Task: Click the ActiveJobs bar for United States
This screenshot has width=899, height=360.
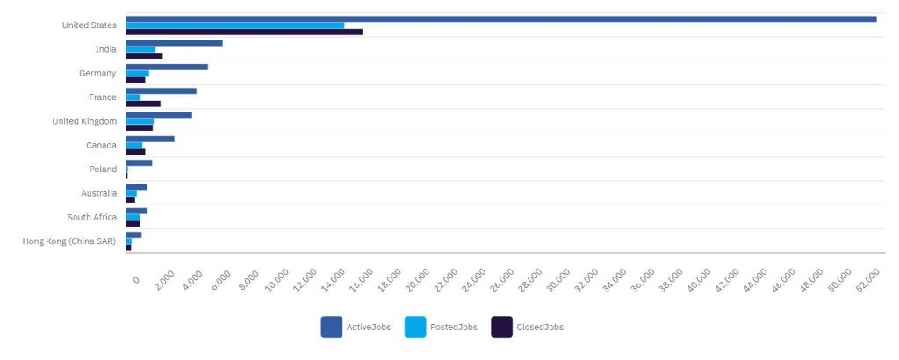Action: [x=500, y=18]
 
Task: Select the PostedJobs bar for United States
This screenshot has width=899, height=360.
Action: [x=234, y=25]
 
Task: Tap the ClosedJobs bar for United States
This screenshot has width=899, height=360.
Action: [x=243, y=32]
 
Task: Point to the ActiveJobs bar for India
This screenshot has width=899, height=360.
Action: [x=174, y=42]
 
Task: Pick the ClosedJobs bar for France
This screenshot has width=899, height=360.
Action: [x=143, y=104]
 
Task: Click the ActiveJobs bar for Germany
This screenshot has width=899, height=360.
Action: [x=167, y=67]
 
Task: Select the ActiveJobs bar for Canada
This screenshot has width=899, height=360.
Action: [x=150, y=139]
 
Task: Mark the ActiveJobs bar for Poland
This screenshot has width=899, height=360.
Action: [x=139, y=162]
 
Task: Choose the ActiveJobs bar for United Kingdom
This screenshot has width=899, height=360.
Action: [x=159, y=115]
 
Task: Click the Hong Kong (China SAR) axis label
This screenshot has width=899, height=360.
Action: [x=69, y=241]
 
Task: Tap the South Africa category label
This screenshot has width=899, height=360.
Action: [x=92, y=217]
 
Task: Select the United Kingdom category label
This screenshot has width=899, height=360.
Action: [x=84, y=121]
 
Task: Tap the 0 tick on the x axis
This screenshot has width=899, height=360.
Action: [x=135, y=279]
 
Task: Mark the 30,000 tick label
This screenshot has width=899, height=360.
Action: [x=558, y=283]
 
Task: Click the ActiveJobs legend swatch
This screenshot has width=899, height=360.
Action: [x=331, y=327]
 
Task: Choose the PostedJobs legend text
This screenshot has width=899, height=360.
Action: [x=453, y=328]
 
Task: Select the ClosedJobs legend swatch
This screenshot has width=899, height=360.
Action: [x=501, y=327]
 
